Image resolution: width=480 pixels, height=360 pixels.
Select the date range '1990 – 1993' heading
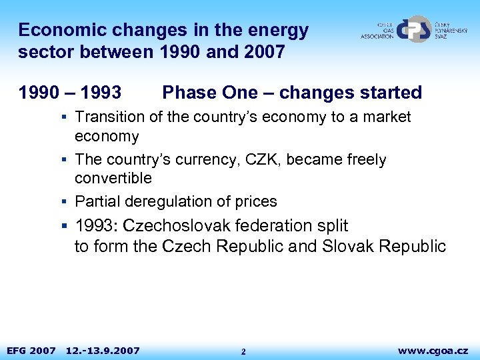(x=70, y=93)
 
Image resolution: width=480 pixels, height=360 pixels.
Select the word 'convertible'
(x=113, y=178)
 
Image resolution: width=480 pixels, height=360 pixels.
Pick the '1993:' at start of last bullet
(x=97, y=225)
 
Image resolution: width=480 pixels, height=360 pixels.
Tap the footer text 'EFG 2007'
(x=31, y=350)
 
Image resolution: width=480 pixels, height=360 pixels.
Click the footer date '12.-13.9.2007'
(x=103, y=350)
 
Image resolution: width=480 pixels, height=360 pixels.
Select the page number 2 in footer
(x=243, y=351)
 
